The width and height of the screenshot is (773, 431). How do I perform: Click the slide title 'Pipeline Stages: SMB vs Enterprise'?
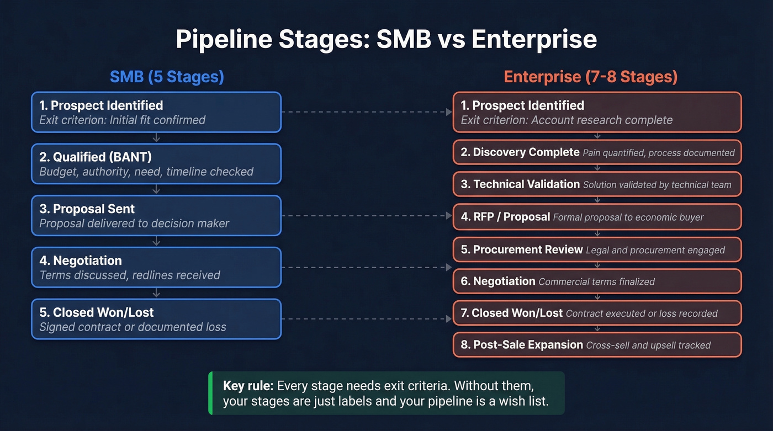pos(386,40)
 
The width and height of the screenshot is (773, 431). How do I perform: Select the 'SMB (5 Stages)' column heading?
pos(167,76)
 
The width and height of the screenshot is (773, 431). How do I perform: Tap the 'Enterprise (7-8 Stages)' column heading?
pos(590,76)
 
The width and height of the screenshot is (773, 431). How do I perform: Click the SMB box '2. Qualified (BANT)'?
pos(156,164)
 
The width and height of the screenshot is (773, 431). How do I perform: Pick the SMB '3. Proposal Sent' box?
pos(156,216)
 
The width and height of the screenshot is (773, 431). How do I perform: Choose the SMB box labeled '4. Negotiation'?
pos(156,267)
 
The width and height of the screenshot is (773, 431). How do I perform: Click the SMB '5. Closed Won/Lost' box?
pos(156,319)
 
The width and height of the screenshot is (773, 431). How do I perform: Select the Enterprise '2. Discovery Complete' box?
pos(597,152)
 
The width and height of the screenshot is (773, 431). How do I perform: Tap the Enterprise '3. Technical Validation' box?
pos(597,184)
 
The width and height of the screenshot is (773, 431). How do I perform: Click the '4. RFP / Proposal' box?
pos(597,217)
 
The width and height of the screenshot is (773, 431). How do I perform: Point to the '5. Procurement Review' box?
pos(597,249)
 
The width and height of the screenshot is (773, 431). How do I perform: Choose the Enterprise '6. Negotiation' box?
pos(597,281)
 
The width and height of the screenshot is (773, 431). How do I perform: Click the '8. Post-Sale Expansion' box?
pos(597,345)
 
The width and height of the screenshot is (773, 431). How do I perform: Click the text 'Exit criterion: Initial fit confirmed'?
pos(122,120)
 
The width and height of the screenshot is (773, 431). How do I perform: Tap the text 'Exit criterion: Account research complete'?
pos(566,120)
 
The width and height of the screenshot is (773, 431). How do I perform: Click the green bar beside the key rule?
pos(210,393)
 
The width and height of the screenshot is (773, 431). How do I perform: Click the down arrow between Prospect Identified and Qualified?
pos(156,138)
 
